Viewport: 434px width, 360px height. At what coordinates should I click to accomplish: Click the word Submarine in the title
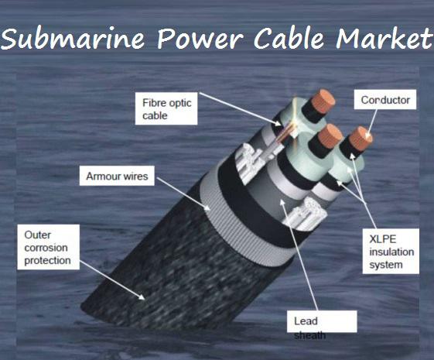(x=73, y=38)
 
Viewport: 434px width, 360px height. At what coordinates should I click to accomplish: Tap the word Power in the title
(x=200, y=38)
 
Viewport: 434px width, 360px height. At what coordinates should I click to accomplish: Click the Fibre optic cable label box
(x=166, y=108)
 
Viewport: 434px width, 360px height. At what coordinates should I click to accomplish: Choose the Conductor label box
(x=385, y=99)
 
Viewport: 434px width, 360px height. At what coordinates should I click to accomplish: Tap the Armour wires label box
(x=117, y=176)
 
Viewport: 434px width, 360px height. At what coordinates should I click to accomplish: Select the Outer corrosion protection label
(x=49, y=247)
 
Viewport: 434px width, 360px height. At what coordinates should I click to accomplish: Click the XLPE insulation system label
(x=391, y=251)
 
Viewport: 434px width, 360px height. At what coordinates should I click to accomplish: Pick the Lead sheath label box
(x=322, y=321)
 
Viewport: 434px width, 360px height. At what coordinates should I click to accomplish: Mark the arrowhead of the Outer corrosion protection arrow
(x=142, y=297)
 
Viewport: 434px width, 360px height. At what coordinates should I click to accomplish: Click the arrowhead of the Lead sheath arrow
(x=282, y=202)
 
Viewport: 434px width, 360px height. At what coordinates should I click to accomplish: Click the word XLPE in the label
(x=382, y=239)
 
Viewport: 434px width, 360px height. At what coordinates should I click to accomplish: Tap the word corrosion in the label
(x=46, y=248)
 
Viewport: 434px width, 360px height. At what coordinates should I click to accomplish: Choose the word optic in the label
(x=179, y=104)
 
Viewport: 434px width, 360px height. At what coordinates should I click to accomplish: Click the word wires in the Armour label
(x=136, y=176)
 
